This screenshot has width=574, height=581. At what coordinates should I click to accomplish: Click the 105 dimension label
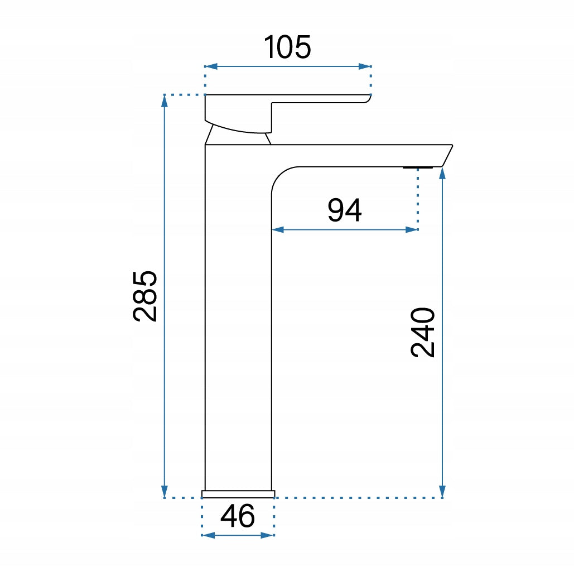tap(287, 47)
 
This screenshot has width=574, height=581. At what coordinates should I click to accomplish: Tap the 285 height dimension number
tap(145, 296)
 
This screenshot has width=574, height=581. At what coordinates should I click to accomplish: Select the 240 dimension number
tap(422, 332)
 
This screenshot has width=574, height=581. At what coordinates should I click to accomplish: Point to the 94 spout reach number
tap(344, 210)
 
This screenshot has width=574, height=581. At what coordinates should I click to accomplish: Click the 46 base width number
tap(238, 516)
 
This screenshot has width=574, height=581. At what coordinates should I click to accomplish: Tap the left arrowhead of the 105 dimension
tap(211, 67)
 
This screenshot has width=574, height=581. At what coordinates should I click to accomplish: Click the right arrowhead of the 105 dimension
tap(365, 67)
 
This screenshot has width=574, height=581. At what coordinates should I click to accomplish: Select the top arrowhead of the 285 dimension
tap(165, 101)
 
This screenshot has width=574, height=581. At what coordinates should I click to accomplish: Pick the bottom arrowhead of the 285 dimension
tap(165, 492)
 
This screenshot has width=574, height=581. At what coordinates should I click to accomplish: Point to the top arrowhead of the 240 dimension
tap(442, 174)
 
